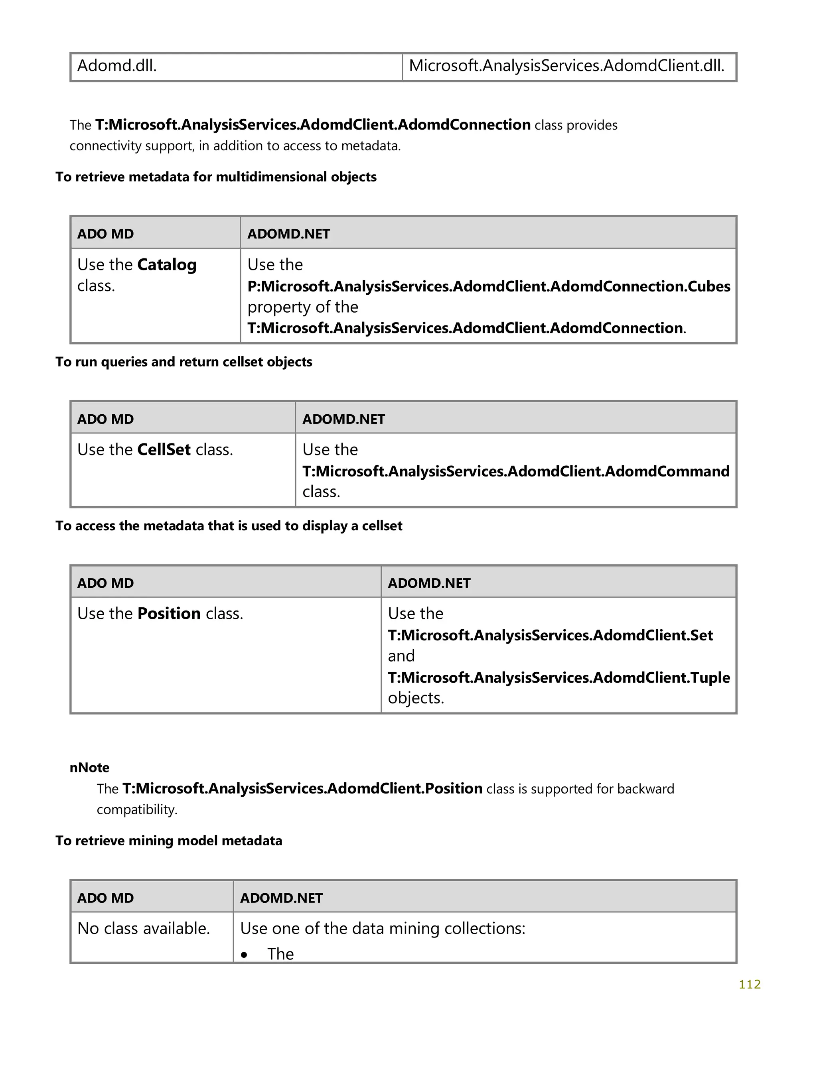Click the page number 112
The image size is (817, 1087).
pos(749,984)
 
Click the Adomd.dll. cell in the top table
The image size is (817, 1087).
pos(117,66)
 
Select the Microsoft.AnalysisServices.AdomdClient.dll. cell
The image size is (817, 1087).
pos(566,66)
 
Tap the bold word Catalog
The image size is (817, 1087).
pos(167,265)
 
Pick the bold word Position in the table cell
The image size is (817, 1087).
pos(169,614)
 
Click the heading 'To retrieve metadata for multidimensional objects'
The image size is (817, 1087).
pos(216,177)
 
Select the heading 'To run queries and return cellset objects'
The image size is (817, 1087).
pos(184,362)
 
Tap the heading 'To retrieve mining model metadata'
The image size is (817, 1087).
pos(169,841)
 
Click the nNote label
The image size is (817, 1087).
pos(89,768)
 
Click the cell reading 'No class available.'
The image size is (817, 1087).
pos(144,928)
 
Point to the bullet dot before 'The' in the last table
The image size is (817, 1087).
pos(244,955)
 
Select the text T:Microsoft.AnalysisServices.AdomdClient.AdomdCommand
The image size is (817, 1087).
pos(516,471)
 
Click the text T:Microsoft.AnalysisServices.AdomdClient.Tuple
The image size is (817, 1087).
pos(558,677)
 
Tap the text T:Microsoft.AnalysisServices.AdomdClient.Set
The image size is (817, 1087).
pos(550,635)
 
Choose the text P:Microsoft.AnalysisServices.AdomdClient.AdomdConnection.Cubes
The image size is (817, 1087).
pos(489,286)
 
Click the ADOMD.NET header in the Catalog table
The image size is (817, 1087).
pos(288,234)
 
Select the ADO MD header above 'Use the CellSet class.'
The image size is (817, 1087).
pos(105,419)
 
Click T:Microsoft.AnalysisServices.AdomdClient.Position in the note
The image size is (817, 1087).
pos(302,789)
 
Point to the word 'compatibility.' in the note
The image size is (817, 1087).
pos(137,809)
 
